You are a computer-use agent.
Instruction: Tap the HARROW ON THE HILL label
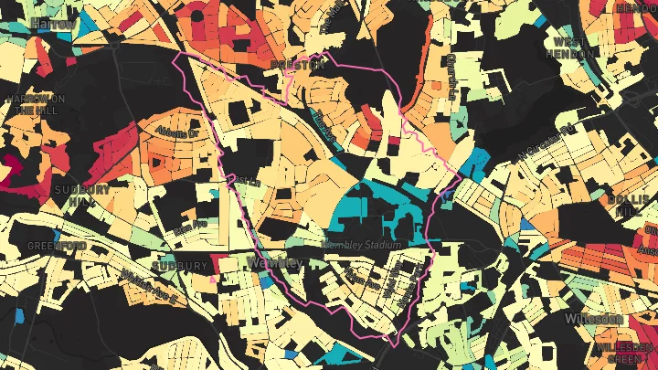[x=36, y=103]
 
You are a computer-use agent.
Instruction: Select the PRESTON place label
[x=297, y=65]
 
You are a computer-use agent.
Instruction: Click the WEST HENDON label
[x=572, y=48]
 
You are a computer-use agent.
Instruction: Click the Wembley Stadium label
[x=363, y=245]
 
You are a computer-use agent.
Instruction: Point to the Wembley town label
[x=274, y=263]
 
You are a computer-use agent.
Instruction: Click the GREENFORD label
[x=56, y=247]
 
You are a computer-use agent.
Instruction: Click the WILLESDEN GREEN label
[x=623, y=354]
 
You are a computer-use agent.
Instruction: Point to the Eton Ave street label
[x=190, y=226]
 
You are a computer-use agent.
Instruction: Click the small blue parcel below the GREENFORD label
[x=19, y=317]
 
